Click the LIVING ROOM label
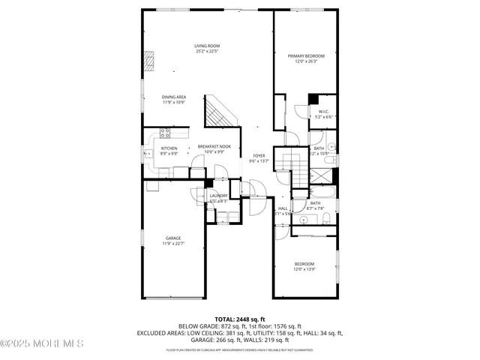coord(208,49)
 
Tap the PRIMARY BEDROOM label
coord(306,58)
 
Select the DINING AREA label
coord(174,99)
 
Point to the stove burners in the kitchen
coord(164,134)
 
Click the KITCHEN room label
coord(169,150)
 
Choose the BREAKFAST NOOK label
coord(214,148)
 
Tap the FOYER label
coord(259,157)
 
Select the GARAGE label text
coord(174,241)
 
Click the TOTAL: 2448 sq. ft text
coord(240,319)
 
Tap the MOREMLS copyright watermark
coord(42,343)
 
